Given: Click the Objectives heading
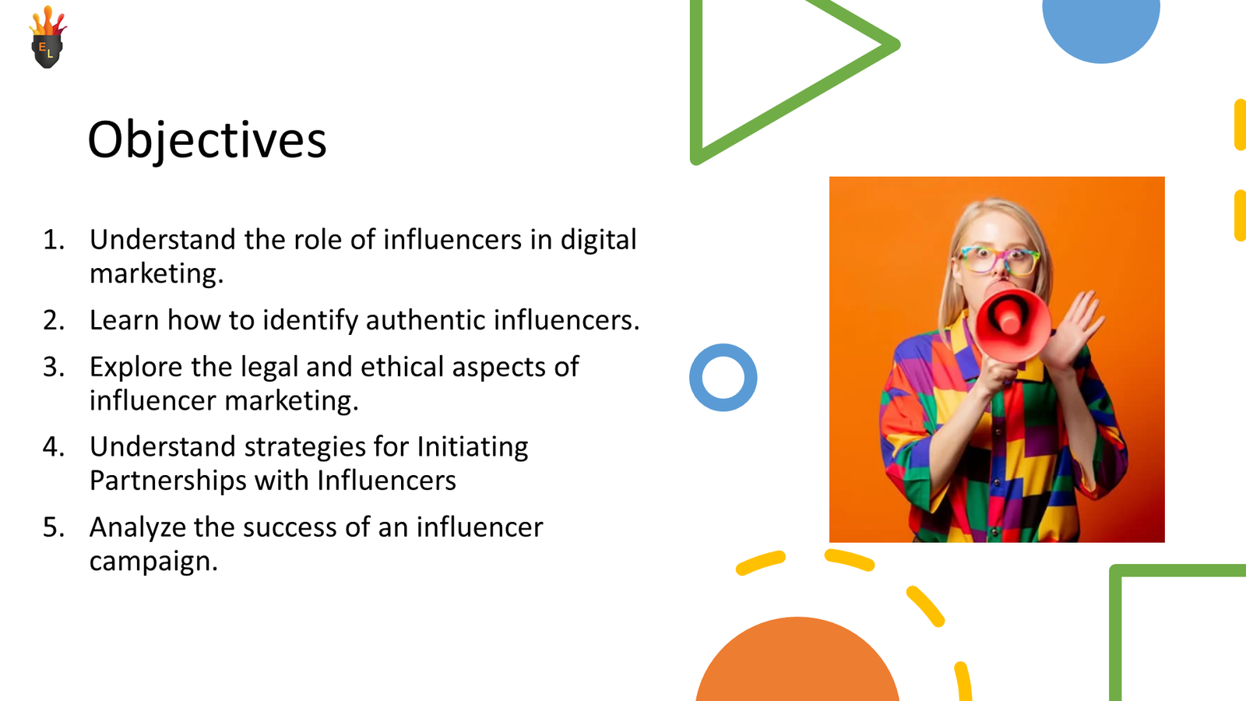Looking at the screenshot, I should (x=206, y=140).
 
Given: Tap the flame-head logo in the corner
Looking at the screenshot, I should (x=48, y=39).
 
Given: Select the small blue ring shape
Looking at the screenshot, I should (x=723, y=378).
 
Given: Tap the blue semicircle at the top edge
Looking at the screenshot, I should (x=1100, y=27).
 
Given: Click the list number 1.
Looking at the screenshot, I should (x=53, y=240).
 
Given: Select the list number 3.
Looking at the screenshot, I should (x=53, y=367).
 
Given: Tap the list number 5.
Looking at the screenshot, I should (x=53, y=527).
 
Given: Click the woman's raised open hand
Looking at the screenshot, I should (x=1079, y=327).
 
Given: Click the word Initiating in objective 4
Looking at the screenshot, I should (x=473, y=447).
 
